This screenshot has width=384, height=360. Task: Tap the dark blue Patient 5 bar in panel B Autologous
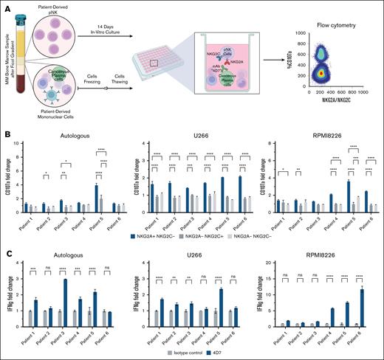click(96, 196)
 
